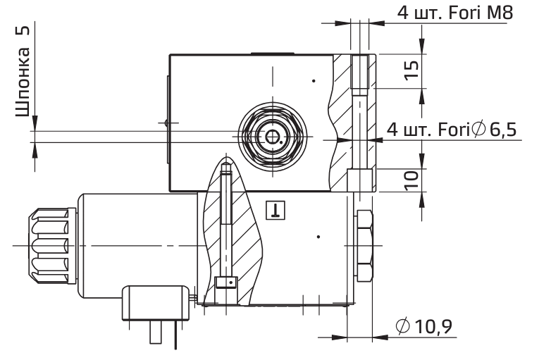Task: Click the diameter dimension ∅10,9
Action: tap(424, 325)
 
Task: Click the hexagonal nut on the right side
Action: tap(365, 244)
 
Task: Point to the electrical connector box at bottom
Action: tap(154, 304)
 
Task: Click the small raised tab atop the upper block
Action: tap(271, 52)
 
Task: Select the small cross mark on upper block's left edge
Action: tap(166, 123)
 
